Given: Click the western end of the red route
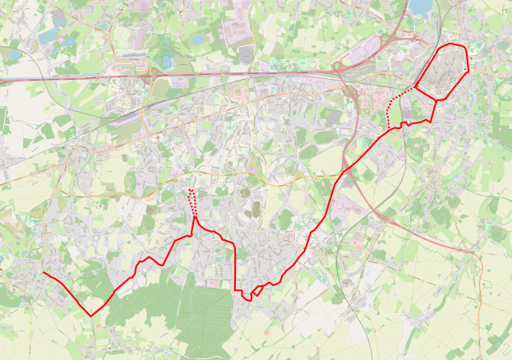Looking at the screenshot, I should pos(43,272).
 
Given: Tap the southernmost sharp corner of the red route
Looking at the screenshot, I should pos(91,316).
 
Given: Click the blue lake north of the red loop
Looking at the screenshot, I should pos(421,7).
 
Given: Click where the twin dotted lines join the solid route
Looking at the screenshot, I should pos(195,218).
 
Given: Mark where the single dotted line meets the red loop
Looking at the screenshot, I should pos(417,85).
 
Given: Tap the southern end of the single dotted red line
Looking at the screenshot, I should pos(387,128).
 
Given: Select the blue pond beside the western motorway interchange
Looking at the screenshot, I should pos(168,61).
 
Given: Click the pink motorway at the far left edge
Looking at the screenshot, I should pos(4,81).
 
